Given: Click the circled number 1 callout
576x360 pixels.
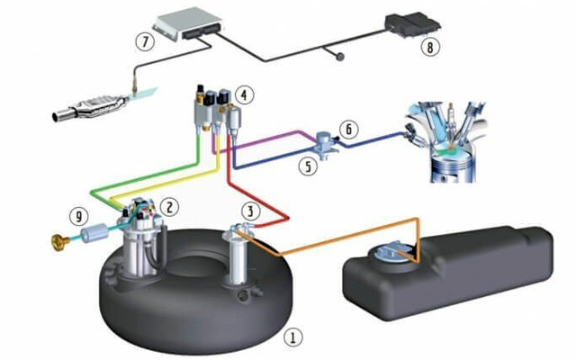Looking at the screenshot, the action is (292, 337).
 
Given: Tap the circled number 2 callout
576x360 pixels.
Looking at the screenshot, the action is (169, 207).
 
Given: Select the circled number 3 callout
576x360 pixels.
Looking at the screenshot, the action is (251, 211).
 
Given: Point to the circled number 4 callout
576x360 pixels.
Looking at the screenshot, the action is (244, 94).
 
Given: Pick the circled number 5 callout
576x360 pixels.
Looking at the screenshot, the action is (308, 166).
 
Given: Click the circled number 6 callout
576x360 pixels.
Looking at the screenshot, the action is (348, 130).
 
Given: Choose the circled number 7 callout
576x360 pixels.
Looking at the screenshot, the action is (145, 40).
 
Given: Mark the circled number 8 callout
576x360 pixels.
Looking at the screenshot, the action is (430, 47).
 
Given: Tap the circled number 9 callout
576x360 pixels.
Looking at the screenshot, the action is (79, 216).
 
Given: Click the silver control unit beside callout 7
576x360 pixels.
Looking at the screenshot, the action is (188, 23).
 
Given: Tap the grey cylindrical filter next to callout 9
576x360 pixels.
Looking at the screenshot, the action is (94, 234).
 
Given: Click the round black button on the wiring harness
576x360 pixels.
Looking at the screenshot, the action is (340, 57).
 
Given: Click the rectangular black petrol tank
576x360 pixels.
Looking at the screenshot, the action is (448, 272).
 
